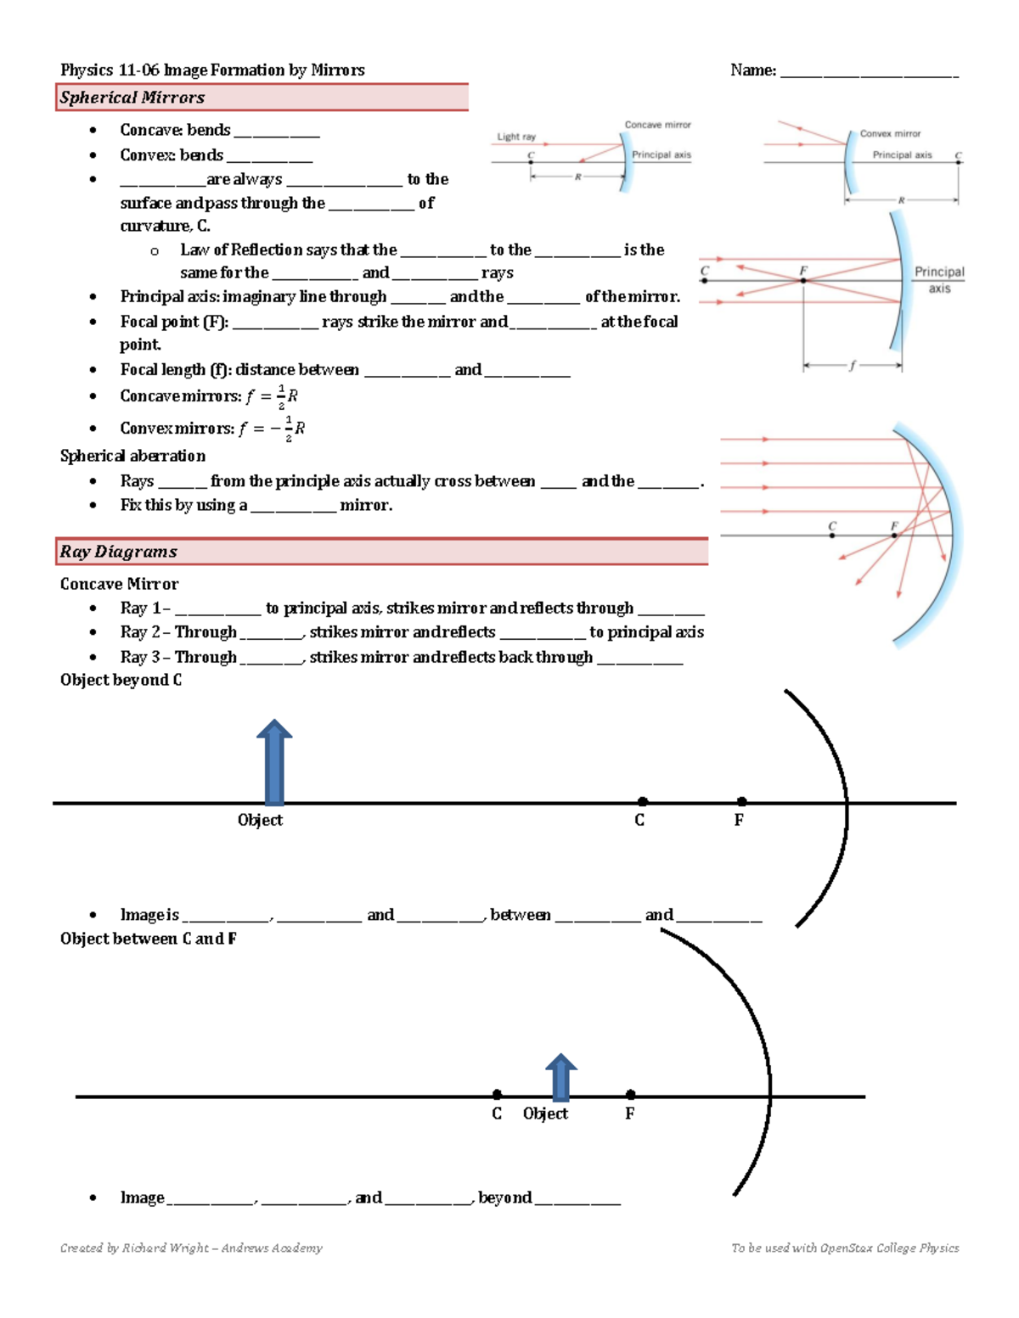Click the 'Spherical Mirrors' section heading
(132, 98)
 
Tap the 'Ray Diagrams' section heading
(119, 552)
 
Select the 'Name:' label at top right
(753, 70)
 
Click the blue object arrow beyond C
(274, 761)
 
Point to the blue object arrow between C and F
(560, 1078)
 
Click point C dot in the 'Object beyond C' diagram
(643, 802)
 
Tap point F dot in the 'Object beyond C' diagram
(742, 802)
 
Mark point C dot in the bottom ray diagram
(497, 1095)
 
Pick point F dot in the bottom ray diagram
(630, 1095)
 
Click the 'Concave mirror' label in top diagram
(657, 125)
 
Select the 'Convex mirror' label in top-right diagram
(890, 134)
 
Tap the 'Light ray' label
(516, 137)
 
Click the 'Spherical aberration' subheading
(132, 456)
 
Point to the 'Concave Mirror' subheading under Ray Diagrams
(119, 584)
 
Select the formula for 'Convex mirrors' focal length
(271, 429)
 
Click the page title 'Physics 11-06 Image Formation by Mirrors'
(212, 70)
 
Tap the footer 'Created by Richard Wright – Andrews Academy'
(191, 1248)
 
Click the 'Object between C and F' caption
(148, 939)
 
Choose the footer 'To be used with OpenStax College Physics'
(845, 1248)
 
